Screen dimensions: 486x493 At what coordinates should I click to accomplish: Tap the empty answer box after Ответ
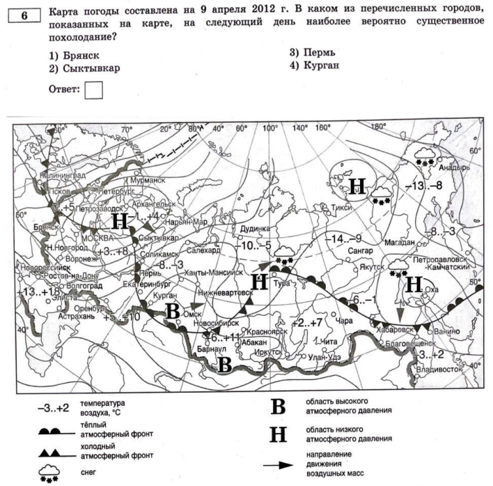pyautogui.click(x=93, y=89)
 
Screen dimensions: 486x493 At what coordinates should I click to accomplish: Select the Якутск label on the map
pyautogui.click(x=373, y=266)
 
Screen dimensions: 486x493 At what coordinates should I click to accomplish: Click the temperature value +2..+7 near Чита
pyautogui.click(x=307, y=324)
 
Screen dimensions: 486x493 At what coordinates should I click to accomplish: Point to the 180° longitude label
pyautogui.click(x=377, y=127)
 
